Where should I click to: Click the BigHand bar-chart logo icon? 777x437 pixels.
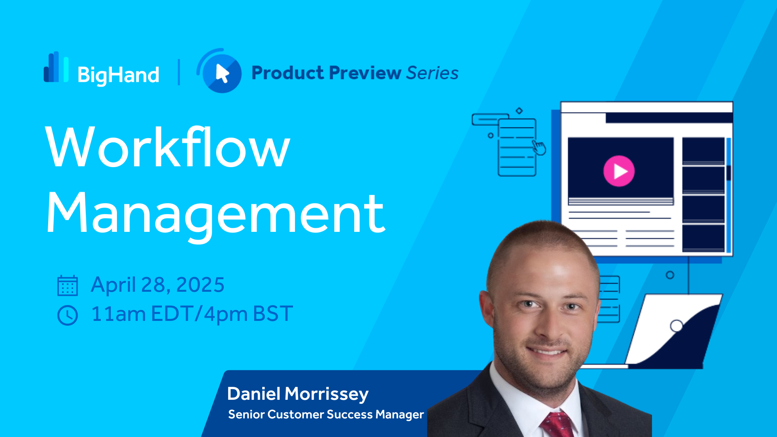click(56, 67)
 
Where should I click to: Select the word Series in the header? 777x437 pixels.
click(432, 73)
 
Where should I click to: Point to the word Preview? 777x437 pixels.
click(365, 73)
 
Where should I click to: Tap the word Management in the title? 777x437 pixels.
click(216, 214)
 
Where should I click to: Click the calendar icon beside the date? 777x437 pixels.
click(68, 285)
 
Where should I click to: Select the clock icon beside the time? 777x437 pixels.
click(68, 315)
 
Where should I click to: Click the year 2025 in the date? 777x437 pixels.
click(200, 284)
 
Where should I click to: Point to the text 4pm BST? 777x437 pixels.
click(248, 314)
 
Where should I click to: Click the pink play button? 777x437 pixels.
click(619, 171)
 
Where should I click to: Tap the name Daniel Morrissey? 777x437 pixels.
click(298, 394)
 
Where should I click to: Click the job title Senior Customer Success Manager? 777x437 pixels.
click(326, 414)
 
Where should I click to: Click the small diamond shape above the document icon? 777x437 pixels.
click(519, 110)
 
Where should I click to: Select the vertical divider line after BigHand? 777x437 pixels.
click(179, 72)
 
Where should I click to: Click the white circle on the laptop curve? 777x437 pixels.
click(677, 326)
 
